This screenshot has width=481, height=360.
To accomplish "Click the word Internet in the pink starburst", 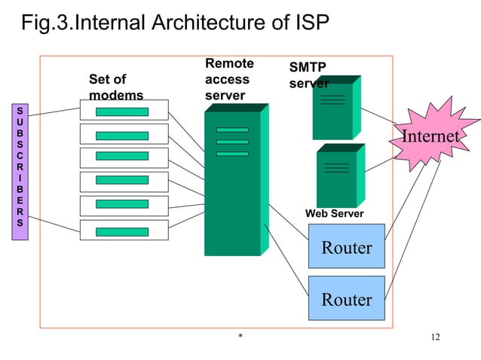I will click(x=430, y=136).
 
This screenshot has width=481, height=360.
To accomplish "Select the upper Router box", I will click(x=347, y=247).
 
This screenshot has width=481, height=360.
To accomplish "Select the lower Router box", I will click(x=347, y=299).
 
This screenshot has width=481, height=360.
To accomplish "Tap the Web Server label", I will click(x=334, y=215).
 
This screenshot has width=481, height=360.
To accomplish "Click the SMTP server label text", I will click(x=308, y=75).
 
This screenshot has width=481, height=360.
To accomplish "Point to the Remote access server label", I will click(x=228, y=80).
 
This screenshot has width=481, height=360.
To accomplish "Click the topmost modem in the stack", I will click(x=124, y=111).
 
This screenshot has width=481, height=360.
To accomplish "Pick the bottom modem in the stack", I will click(x=124, y=229).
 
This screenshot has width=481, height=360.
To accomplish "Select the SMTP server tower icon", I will click(x=333, y=109).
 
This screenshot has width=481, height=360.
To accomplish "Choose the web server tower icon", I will click(x=337, y=176).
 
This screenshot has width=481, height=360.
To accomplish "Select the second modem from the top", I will click(x=124, y=136).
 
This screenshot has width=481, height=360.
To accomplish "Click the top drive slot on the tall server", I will click(x=231, y=130).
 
